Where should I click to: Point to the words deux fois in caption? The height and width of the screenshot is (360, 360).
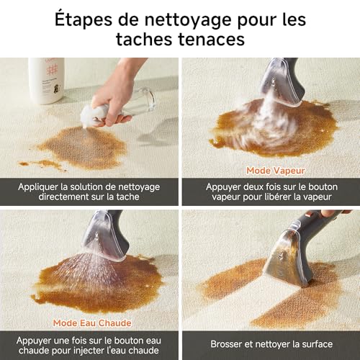coord(250,187)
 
